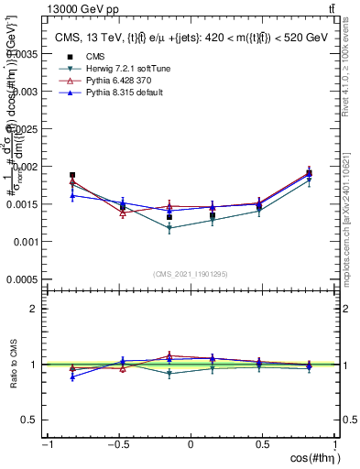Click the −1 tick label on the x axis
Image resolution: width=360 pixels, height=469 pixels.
47,444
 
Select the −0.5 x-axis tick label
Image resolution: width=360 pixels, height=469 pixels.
116,444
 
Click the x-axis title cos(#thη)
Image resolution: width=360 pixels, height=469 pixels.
310,458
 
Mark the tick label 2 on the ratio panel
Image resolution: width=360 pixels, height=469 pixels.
33,309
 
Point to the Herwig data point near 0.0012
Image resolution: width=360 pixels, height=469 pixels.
170,228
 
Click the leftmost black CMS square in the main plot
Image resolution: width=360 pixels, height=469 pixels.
72,175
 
